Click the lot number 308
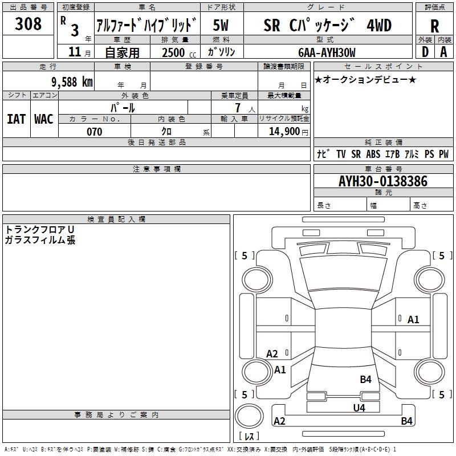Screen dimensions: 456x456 (28, 24)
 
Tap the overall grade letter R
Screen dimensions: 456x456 (434, 26)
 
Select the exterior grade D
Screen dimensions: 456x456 (425, 51)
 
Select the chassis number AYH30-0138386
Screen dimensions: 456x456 (383, 182)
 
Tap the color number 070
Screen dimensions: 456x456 (94, 132)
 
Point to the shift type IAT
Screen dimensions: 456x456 (17, 119)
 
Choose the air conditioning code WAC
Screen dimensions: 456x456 (44, 119)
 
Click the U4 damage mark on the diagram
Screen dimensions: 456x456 (359, 408)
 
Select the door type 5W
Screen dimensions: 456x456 (222, 25)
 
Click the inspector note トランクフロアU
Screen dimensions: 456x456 (39, 229)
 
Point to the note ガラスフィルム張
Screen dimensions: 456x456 (39, 240)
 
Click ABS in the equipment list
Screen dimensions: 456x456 (373, 154)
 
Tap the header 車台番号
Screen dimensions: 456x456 (383, 169)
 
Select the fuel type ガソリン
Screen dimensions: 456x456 (222, 52)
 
